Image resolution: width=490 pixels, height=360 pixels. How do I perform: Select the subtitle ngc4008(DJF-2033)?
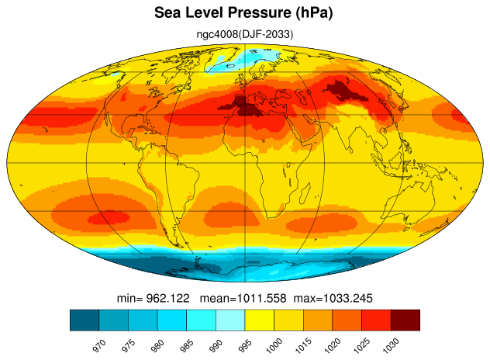(x=245, y=34)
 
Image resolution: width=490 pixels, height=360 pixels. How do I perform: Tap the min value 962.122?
(x=167, y=298)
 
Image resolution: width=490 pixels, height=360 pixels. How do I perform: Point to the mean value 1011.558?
(x=261, y=298)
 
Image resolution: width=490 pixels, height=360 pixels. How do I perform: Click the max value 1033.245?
(x=347, y=298)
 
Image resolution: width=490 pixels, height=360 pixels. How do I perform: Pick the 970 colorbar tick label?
(x=99, y=346)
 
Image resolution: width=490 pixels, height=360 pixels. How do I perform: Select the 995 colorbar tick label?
(x=245, y=346)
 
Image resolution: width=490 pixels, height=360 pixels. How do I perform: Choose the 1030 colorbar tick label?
(x=391, y=345)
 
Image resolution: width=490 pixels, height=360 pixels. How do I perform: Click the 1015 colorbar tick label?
(x=303, y=345)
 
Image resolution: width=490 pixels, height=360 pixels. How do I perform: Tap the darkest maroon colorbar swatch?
(x=405, y=320)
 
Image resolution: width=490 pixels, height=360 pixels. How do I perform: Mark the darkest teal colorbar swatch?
(x=85, y=320)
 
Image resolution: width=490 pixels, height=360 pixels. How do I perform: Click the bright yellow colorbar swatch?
(x=260, y=320)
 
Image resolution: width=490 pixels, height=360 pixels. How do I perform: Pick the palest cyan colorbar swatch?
(x=230, y=320)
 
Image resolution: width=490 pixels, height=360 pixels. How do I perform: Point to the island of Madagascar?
(x=305, y=192)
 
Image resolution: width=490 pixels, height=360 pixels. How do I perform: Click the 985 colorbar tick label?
(x=187, y=346)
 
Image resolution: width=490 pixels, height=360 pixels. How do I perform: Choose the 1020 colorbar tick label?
(x=333, y=345)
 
